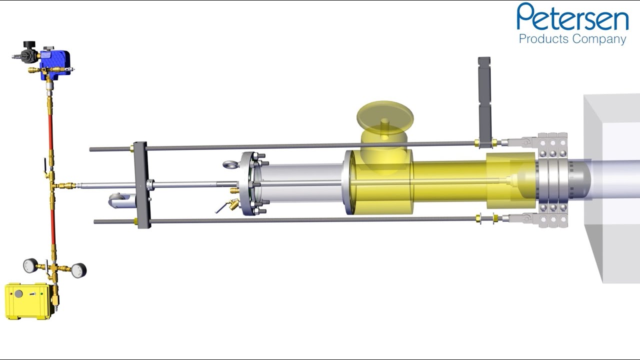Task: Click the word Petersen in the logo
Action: (x=572, y=17)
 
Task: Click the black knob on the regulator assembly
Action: (x=29, y=44)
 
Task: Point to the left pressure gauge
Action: (x=30, y=265)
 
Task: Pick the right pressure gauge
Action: (x=78, y=270)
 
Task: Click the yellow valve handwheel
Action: (x=385, y=117)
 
